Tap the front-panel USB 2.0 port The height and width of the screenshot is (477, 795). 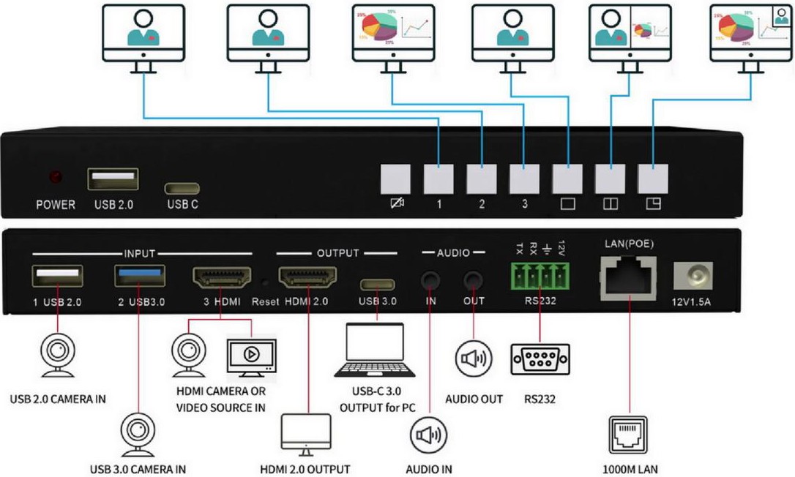113,179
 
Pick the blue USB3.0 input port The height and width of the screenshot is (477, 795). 140,277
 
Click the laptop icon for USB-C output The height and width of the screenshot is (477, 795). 375,351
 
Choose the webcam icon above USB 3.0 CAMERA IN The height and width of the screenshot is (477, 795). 138,432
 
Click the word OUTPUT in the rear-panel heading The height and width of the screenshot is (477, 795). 337,253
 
